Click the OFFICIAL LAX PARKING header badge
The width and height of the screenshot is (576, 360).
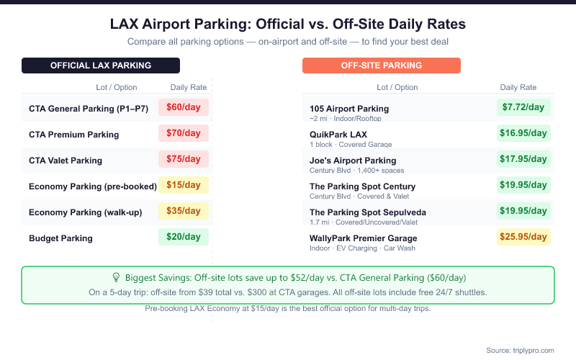[x=101, y=66]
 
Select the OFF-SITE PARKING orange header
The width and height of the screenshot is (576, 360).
[x=382, y=66]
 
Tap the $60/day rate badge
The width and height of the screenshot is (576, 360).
[x=184, y=107]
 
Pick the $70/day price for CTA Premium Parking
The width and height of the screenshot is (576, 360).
[x=184, y=133]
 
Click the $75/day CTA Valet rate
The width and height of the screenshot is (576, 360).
[x=184, y=159]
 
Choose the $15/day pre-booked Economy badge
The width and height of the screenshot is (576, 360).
[x=184, y=185]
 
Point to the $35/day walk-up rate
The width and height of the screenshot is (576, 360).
[x=184, y=211]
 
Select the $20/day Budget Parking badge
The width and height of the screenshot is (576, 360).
[x=184, y=237]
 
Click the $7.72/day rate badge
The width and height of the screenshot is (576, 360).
[x=523, y=107]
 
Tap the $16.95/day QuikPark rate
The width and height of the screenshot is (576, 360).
[x=523, y=133]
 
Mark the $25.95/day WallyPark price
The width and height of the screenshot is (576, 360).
[x=523, y=237]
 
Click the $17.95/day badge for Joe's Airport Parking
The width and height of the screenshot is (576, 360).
[x=523, y=159]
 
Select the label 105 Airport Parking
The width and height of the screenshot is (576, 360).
[x=349, y=109]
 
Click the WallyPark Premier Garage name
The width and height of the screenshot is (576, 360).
[x=364, y=238]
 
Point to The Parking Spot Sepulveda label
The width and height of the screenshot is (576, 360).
[x=368, y=212]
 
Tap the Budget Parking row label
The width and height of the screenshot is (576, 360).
[x=60, y=238]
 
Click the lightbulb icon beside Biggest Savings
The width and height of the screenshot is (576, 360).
[x=116, y=277]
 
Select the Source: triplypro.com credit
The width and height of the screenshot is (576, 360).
[x=520, y=350]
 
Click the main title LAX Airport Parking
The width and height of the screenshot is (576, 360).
[x=288, y=24]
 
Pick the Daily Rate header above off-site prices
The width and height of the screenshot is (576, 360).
[x=518, y=87]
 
